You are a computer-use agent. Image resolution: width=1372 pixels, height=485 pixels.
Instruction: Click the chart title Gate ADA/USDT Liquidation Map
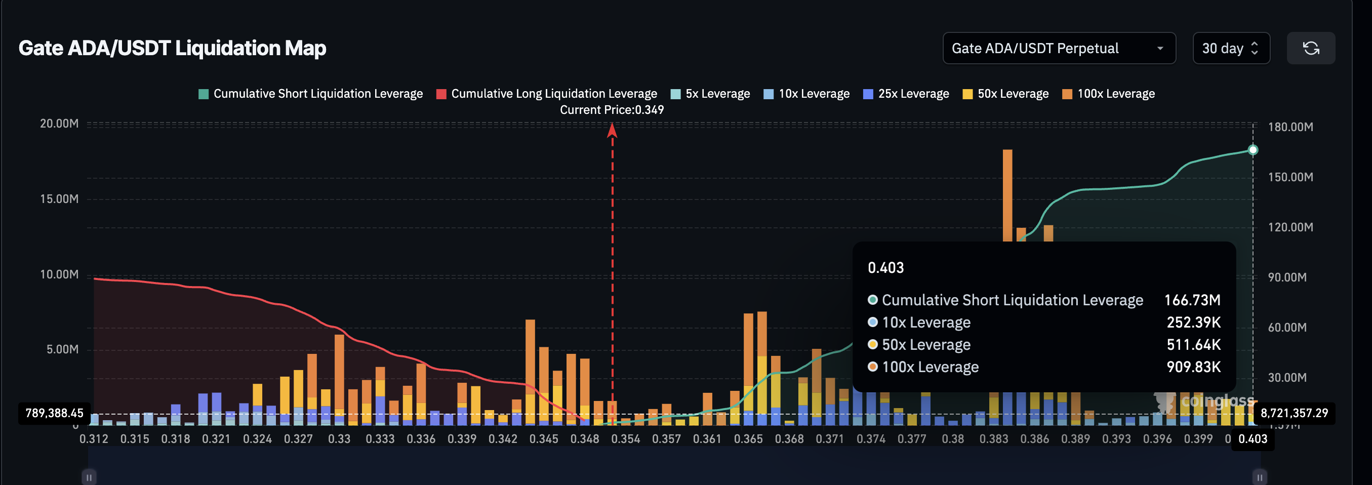pos(172,49)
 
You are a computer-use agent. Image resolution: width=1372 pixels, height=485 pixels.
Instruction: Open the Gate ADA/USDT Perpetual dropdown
pos(1058,49)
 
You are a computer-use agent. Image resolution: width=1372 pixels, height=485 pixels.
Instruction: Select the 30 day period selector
pos(1230,49)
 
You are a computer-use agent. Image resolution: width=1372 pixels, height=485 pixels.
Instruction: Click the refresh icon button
pos(1310,49)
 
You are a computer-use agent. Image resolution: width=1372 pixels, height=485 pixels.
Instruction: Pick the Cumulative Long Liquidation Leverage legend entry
pos(546,94)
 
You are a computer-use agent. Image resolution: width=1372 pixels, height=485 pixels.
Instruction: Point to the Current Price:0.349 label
pos(612,110)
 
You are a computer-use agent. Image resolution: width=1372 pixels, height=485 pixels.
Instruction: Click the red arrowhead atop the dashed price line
pos(612,130)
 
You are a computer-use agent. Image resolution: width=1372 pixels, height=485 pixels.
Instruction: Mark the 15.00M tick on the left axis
pos(59,199)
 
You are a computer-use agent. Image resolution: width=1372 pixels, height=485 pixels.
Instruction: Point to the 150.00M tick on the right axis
pos(1290,177)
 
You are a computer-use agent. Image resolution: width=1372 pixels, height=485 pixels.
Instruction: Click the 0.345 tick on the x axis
pos(543,439)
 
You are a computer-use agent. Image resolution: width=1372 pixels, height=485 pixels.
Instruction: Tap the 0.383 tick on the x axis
pos(993,439)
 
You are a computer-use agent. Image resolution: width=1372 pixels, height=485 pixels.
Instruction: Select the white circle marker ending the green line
pos(1253,150)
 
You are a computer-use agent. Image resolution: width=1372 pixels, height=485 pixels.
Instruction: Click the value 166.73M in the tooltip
pos(1191,300)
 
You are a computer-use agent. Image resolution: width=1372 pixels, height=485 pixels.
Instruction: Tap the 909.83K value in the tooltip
pos(1193,368)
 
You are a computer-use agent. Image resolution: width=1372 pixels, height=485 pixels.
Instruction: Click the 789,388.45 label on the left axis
pos(54,413)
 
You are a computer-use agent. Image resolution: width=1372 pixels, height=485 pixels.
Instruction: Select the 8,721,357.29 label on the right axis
pos(1294,413)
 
